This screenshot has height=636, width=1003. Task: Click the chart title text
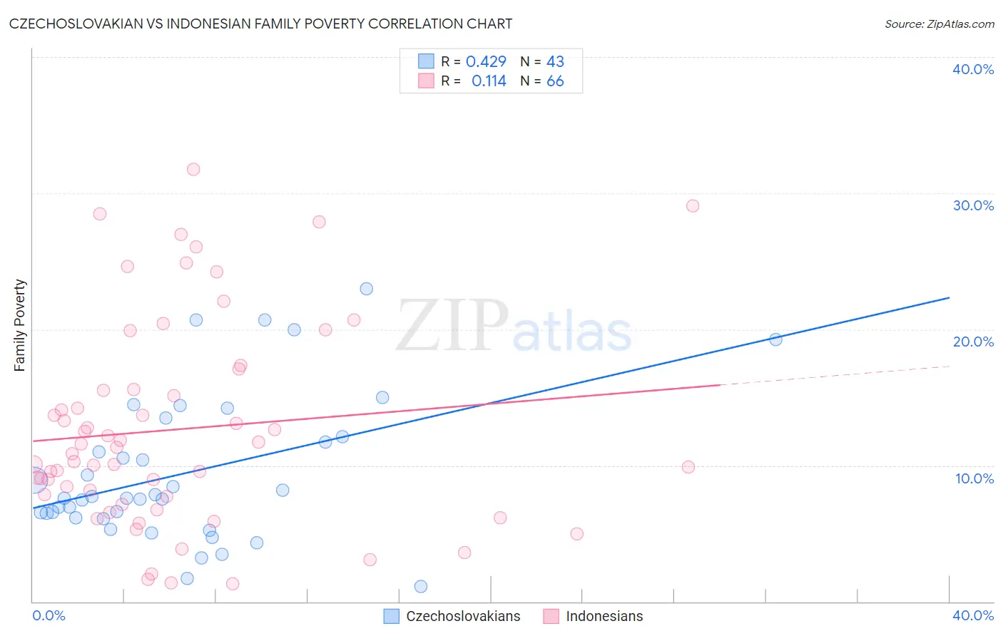[x=260, y=24]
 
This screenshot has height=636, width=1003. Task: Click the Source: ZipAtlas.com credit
[x=939, y=24]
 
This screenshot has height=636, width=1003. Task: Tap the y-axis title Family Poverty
[x=20, y=324]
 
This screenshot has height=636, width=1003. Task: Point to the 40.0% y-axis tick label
[x=973, y=69]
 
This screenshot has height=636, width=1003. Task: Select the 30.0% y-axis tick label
[x=973, y=205]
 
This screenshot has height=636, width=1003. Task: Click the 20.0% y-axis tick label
[x=973, y=342]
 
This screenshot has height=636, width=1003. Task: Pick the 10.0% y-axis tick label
[x=974, y=478]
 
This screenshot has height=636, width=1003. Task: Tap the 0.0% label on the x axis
[x=49, y=615]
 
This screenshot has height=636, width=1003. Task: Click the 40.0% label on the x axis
[x=973, y=615]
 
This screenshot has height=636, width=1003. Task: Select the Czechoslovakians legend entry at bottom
[x=452, y=616]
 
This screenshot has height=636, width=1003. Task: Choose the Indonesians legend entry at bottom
[x=594, y=616]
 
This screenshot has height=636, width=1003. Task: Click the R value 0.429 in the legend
[x=486, y=62]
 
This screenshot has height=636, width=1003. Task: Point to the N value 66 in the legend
[x=555, y=81]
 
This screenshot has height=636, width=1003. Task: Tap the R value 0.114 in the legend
[x=489, y=81]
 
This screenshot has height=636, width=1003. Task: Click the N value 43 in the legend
[x=555, y=62]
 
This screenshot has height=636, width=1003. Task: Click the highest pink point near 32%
[x=193, y=170]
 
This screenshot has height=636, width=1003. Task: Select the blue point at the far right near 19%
[x=775, y=339]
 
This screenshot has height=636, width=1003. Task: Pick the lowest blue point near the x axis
[x=421, y=586]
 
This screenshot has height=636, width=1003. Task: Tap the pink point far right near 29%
[x=692, y=206]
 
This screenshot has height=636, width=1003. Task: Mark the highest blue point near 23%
[x=367, y=289]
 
